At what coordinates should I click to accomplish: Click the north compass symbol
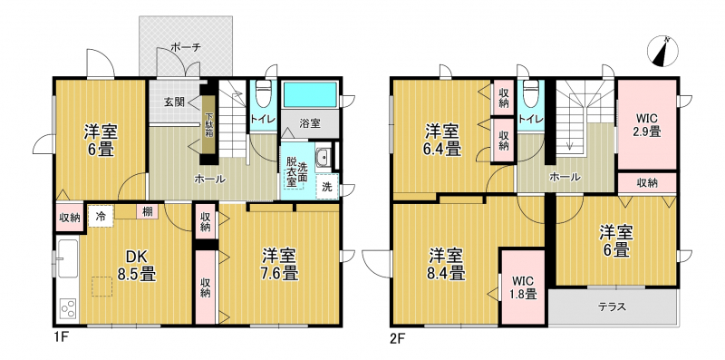pos(662,51)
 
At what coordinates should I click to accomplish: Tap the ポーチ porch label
pos(186,47)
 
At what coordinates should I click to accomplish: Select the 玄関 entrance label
pos(172,102)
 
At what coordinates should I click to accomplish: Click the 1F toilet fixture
pos(263,92)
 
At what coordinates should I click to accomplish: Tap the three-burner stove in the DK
pos(70,308)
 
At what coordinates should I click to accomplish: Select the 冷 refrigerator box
pos(101,216)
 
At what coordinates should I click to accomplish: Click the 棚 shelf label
pos(148,212)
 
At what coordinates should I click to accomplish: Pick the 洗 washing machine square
pos(327,187)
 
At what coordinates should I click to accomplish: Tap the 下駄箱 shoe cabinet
pos(209,124)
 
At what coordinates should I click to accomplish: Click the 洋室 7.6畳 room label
pos(279,265)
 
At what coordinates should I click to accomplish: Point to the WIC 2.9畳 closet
pos(646,125)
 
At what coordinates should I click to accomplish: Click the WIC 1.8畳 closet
pos(524,287)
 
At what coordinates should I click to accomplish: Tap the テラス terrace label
pos(613,306)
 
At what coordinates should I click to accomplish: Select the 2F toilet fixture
pos(530,93)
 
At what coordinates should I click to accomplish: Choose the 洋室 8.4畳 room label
pos(446,265)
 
